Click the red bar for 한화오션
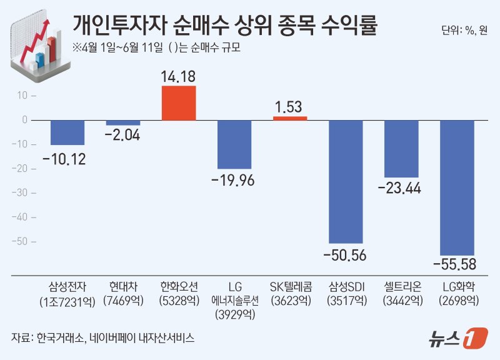179,103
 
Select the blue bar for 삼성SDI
346,181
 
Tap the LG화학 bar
457,187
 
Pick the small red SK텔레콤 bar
290,118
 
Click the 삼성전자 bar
67,132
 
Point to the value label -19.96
234,181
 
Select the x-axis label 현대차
123,287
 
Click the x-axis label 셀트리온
401,287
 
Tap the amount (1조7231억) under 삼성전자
67,301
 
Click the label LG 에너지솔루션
234,294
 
